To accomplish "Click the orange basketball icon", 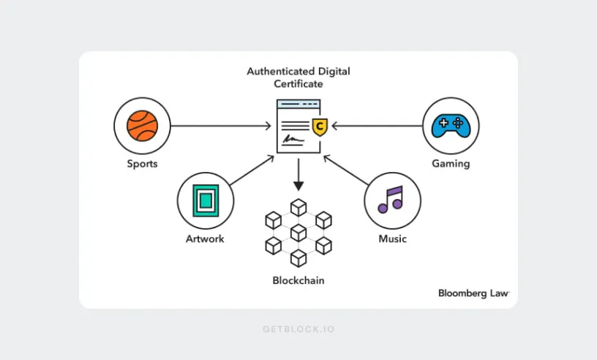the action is pyautogui.click(x=143, y=126).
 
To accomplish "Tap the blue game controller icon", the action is pyautogui.click(x=451, y=126).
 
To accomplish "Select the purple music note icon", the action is pyautogui.click(x=391, y=200).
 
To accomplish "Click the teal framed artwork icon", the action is pyautogui.click(x=206, y=200).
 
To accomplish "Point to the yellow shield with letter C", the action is pyautogui.click(x=320, y=127).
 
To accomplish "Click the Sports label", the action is pyautogui.click(x=142, y=164).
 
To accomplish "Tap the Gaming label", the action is pyautogui.click(x=451, y=164).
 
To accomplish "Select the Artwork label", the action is pyautogui.click(x=205, y=239).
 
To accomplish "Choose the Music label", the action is pyautogui.click(x=393, y=239).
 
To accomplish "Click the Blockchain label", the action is pyautogui.click(x=298, y=280).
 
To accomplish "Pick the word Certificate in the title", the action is pyautogui.click(x=298, y=84).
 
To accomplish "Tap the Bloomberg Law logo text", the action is pyautogui.click(x=473, y=293).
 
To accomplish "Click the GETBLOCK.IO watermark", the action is pyautogui.click(x=298, y=329).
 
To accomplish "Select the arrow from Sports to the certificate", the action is pyautogui.click(x=221, y=126).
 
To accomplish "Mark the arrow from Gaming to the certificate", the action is pyautogui.click(x=377, y=126).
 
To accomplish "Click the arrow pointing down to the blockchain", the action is pyautogui.click(x=298, y=174).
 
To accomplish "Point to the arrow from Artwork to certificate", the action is pyautogui.click(x=252, y=170).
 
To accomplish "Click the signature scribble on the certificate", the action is pyautogui.click(x=293, y=140).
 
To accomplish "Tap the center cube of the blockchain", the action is pyautogui.click(x=298, y=233).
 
